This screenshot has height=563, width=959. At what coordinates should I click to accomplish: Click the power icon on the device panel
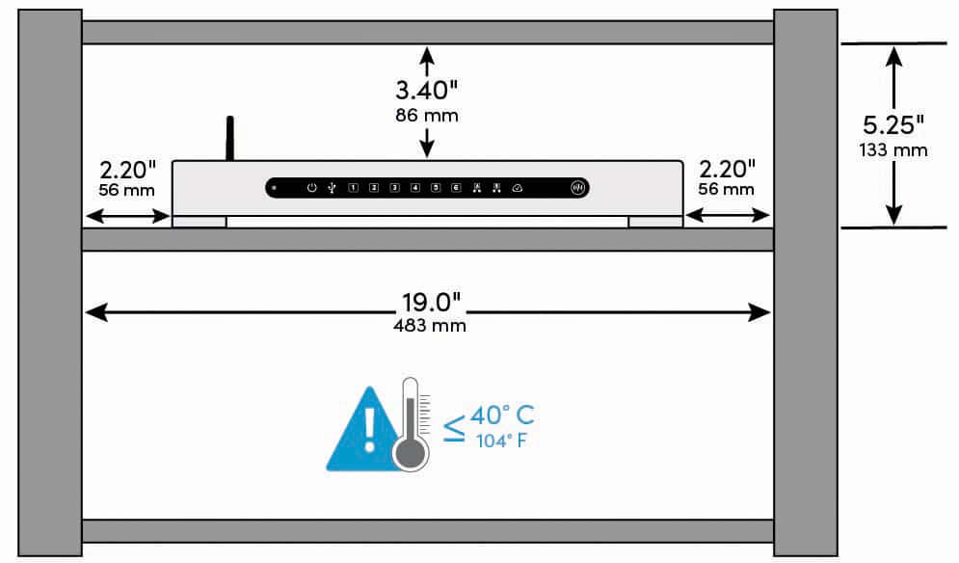point(312,188)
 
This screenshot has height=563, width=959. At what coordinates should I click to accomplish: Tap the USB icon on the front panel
point(332,188)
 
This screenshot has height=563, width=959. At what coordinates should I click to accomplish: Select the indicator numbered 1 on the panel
point(353,188)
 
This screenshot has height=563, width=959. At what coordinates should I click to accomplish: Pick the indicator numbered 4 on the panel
point(415,188)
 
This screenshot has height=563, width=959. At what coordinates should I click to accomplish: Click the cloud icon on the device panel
point(517,188)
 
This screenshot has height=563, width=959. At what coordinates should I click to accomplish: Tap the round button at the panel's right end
point(577,188)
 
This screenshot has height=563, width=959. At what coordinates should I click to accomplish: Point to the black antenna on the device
point(230,138)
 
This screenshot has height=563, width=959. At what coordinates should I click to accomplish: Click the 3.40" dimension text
point(426,91)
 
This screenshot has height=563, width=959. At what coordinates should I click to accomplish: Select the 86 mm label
point(427,115)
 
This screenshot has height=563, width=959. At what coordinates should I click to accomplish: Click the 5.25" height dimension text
point(893,125)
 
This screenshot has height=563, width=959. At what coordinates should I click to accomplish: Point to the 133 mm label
point(892,150)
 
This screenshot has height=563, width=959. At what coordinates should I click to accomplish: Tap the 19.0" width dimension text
point(431,303)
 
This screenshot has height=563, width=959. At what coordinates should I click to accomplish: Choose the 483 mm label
point(430,326)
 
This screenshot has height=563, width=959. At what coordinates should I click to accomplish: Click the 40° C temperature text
point(503,416)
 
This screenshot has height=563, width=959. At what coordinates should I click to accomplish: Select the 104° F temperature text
point(501,441)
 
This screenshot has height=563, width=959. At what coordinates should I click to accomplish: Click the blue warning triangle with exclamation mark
point(364,432)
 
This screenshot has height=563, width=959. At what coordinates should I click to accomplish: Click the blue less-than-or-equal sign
point(454,429)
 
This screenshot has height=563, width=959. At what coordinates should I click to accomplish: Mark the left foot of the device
point(200,222)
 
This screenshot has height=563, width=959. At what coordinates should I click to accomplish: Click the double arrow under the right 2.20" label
point(727,215)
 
